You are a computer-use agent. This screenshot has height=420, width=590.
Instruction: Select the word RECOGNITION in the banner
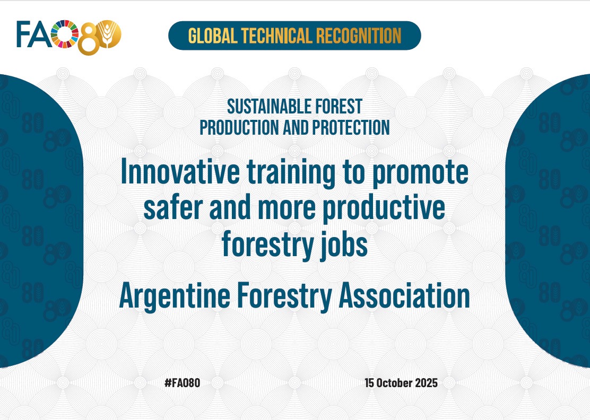point(359,36)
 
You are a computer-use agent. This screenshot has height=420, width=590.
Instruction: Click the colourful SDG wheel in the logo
point(64,34)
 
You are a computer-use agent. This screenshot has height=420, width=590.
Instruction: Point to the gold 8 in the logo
point(89,38)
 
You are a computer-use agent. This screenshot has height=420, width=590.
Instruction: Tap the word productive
point(384,209)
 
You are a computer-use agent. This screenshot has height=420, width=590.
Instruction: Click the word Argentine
point(175,296)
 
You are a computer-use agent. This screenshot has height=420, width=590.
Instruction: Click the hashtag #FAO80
point(183,383)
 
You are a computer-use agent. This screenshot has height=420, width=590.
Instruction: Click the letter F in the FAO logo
point(22,34)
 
